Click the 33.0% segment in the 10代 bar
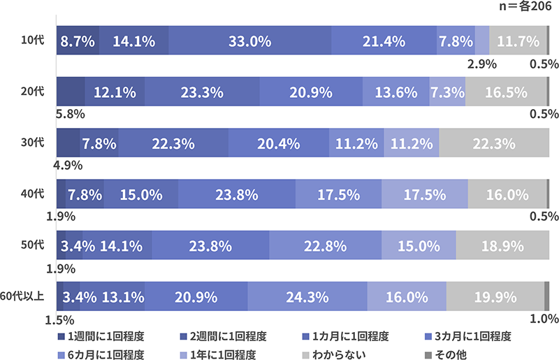pos(249,41)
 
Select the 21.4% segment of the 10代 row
pos(384,41)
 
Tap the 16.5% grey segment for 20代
pos(505,92)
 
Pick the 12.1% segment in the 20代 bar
pos(115,92)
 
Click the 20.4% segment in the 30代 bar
pos(279,144)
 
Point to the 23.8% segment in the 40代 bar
pos(237,195)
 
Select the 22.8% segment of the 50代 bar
pos(326,246)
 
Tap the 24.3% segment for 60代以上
pos(307,297)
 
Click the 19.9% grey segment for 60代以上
pos(495,297)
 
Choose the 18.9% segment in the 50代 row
pos(502,246)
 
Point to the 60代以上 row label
pos(23,296)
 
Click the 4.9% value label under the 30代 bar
pos(68,166)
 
